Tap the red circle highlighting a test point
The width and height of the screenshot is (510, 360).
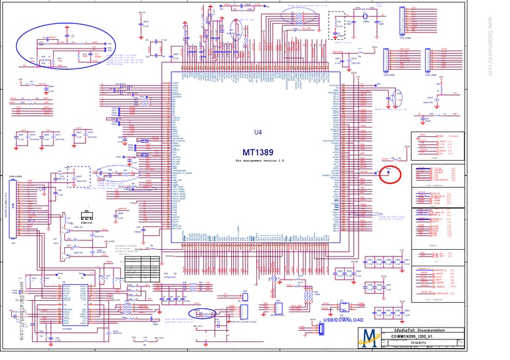[390, 174]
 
